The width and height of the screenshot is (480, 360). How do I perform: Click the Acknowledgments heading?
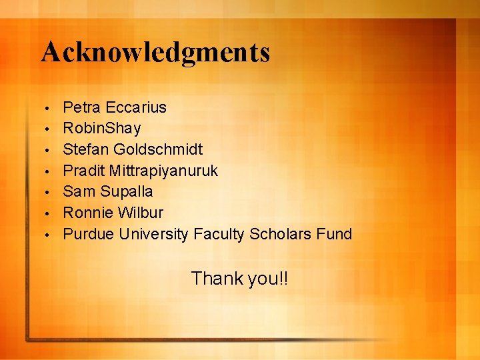155,51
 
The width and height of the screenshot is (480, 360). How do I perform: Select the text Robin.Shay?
102,128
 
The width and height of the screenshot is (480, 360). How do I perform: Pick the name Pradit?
83,171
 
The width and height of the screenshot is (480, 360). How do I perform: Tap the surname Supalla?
127,192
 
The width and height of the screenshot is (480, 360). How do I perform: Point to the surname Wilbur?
140,213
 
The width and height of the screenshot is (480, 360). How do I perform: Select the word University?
153,234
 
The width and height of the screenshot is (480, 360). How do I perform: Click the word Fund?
334,234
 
